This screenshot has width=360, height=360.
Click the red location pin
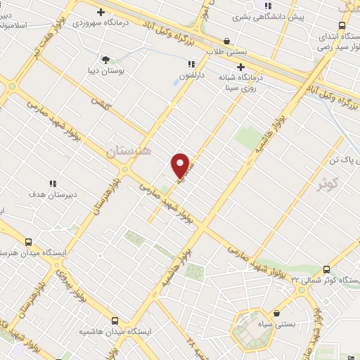tap(181, 165)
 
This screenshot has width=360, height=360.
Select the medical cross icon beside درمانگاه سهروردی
tap(101, 12)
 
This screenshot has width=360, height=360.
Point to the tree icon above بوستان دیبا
tap(105, 60)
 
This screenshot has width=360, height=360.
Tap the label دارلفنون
tap(191, 74)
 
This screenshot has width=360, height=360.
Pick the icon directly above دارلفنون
tap(191, 64)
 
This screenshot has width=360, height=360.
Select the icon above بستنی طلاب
tap(226, 41)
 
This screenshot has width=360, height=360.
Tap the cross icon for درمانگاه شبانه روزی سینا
tap(260, 67)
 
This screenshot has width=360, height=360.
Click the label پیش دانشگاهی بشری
tap(309, 16)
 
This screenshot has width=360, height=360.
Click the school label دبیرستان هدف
tap(53, 193)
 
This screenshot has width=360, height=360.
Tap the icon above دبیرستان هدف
tap(53, 183)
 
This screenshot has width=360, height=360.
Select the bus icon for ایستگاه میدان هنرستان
tap(28, 241)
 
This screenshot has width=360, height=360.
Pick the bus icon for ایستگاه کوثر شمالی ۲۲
tap(326, 269)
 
